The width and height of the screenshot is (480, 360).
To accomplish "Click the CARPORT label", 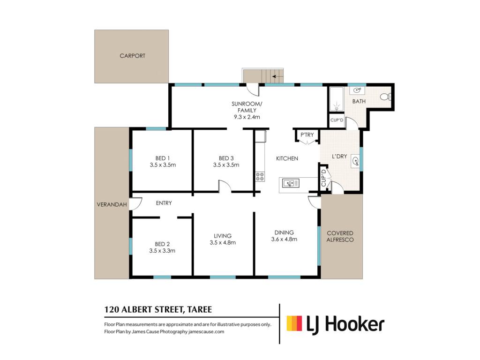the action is click(132, 56).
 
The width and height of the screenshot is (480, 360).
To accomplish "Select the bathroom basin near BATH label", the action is click(357, 90).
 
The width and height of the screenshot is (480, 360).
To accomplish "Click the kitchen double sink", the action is click(291, 183).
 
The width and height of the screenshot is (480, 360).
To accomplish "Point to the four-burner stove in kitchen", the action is click(260, 177).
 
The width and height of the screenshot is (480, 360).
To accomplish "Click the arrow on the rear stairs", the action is click(277, 76).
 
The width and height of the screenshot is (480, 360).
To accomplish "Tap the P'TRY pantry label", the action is click(307, 135).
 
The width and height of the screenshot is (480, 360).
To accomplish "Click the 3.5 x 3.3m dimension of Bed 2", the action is click(162, 251).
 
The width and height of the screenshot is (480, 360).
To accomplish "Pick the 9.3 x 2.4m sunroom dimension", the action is click(247, 117).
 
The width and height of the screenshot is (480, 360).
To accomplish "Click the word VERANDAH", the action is click(112, 204).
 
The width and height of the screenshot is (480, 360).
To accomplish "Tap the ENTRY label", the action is click(164, 203).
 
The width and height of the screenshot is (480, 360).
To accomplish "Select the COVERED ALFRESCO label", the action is click(340, 236).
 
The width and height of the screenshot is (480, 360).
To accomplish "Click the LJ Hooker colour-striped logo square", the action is click(294, 323).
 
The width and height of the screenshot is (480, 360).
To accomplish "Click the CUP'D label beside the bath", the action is click(337, 120).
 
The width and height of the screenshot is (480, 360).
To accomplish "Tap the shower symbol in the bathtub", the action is click(337, 107).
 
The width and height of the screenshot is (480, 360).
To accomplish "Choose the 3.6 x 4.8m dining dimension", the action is click(284, 240).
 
